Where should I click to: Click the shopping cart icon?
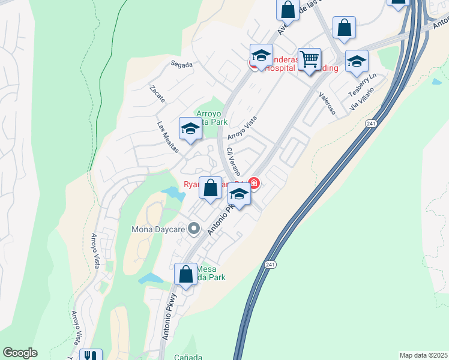pyautogui.click(x=309, y=60)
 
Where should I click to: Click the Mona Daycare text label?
pyautogui.click(x=158, y=229)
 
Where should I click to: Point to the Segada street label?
pyautogui.click(x=181, y=64)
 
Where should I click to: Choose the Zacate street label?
pyautogui.click(x=157, y=94)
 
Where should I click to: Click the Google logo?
pyautogui.click(x=20, y=353)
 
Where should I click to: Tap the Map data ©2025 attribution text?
pyautogui.click(x=423, y=355)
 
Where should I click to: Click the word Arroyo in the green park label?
pyautogui.click(x=209, y=113)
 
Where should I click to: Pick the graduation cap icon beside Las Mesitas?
pyautogui.click(x=190, y=129)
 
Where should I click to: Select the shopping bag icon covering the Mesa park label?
pyautogui.click(x=186, y=275)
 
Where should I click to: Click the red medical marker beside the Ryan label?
pyautogui.click(x=254, y=183)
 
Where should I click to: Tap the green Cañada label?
pyautogui.click(x=188, y=358)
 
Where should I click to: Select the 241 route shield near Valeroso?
pyautogui.click(x=370, y=123)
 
